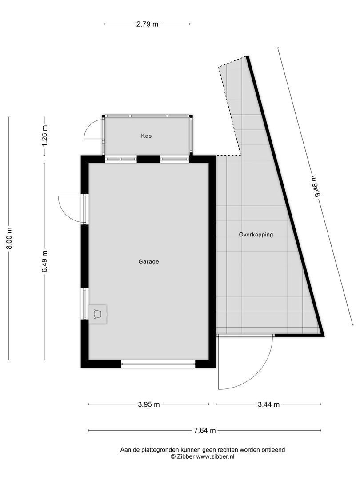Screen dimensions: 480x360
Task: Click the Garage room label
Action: pos(148,262)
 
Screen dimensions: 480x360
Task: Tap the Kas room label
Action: pos(146,136)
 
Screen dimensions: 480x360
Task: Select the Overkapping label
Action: pos(256,235)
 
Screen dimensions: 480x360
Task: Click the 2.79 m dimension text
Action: pos(147,24)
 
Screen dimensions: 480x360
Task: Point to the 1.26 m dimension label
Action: pos(44,136)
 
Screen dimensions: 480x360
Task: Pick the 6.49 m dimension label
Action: pos(44,262)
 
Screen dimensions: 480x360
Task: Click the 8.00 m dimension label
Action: pos(9,239)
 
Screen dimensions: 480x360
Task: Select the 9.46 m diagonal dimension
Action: pos(318,189)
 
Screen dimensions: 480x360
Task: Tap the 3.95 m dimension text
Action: pos(148,404)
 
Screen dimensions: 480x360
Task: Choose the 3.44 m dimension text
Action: pos(268,404)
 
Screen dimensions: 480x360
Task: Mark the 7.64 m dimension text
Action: pos(204,430)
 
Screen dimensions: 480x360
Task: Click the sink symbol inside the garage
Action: pos(98,314)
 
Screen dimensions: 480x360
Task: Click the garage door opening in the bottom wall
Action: pos(158,364)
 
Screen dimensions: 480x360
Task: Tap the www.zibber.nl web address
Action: pos(216,456)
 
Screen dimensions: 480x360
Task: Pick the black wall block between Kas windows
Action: pos(148,159)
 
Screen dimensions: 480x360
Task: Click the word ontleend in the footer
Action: pos(272,450)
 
